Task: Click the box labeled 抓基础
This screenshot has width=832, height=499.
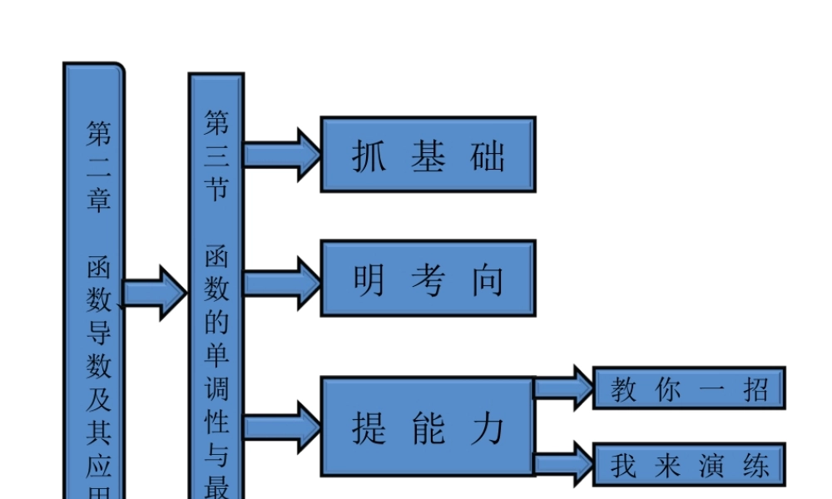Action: click(428, 155)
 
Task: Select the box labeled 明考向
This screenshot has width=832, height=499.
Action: click(428, 279)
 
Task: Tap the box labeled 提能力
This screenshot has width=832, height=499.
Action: click(428, 426)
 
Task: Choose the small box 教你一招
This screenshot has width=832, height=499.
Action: click(689, 388)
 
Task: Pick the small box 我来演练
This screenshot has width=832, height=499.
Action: click(689, 464)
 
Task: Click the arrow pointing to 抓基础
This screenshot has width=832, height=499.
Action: click(283, 155)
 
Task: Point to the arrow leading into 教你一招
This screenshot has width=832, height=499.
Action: click(563, 388)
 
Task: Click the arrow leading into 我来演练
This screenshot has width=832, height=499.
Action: click(563, 464)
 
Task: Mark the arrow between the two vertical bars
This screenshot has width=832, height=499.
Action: click(156, 293)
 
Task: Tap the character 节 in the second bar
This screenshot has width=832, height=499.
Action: click(216, 190)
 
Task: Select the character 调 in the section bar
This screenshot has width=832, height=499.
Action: click(216, 388)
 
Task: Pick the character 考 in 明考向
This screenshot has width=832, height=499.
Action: click(428, 280)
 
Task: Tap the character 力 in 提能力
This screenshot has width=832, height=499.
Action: click(488, 427)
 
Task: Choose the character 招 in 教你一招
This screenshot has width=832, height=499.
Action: click(755, 389)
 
